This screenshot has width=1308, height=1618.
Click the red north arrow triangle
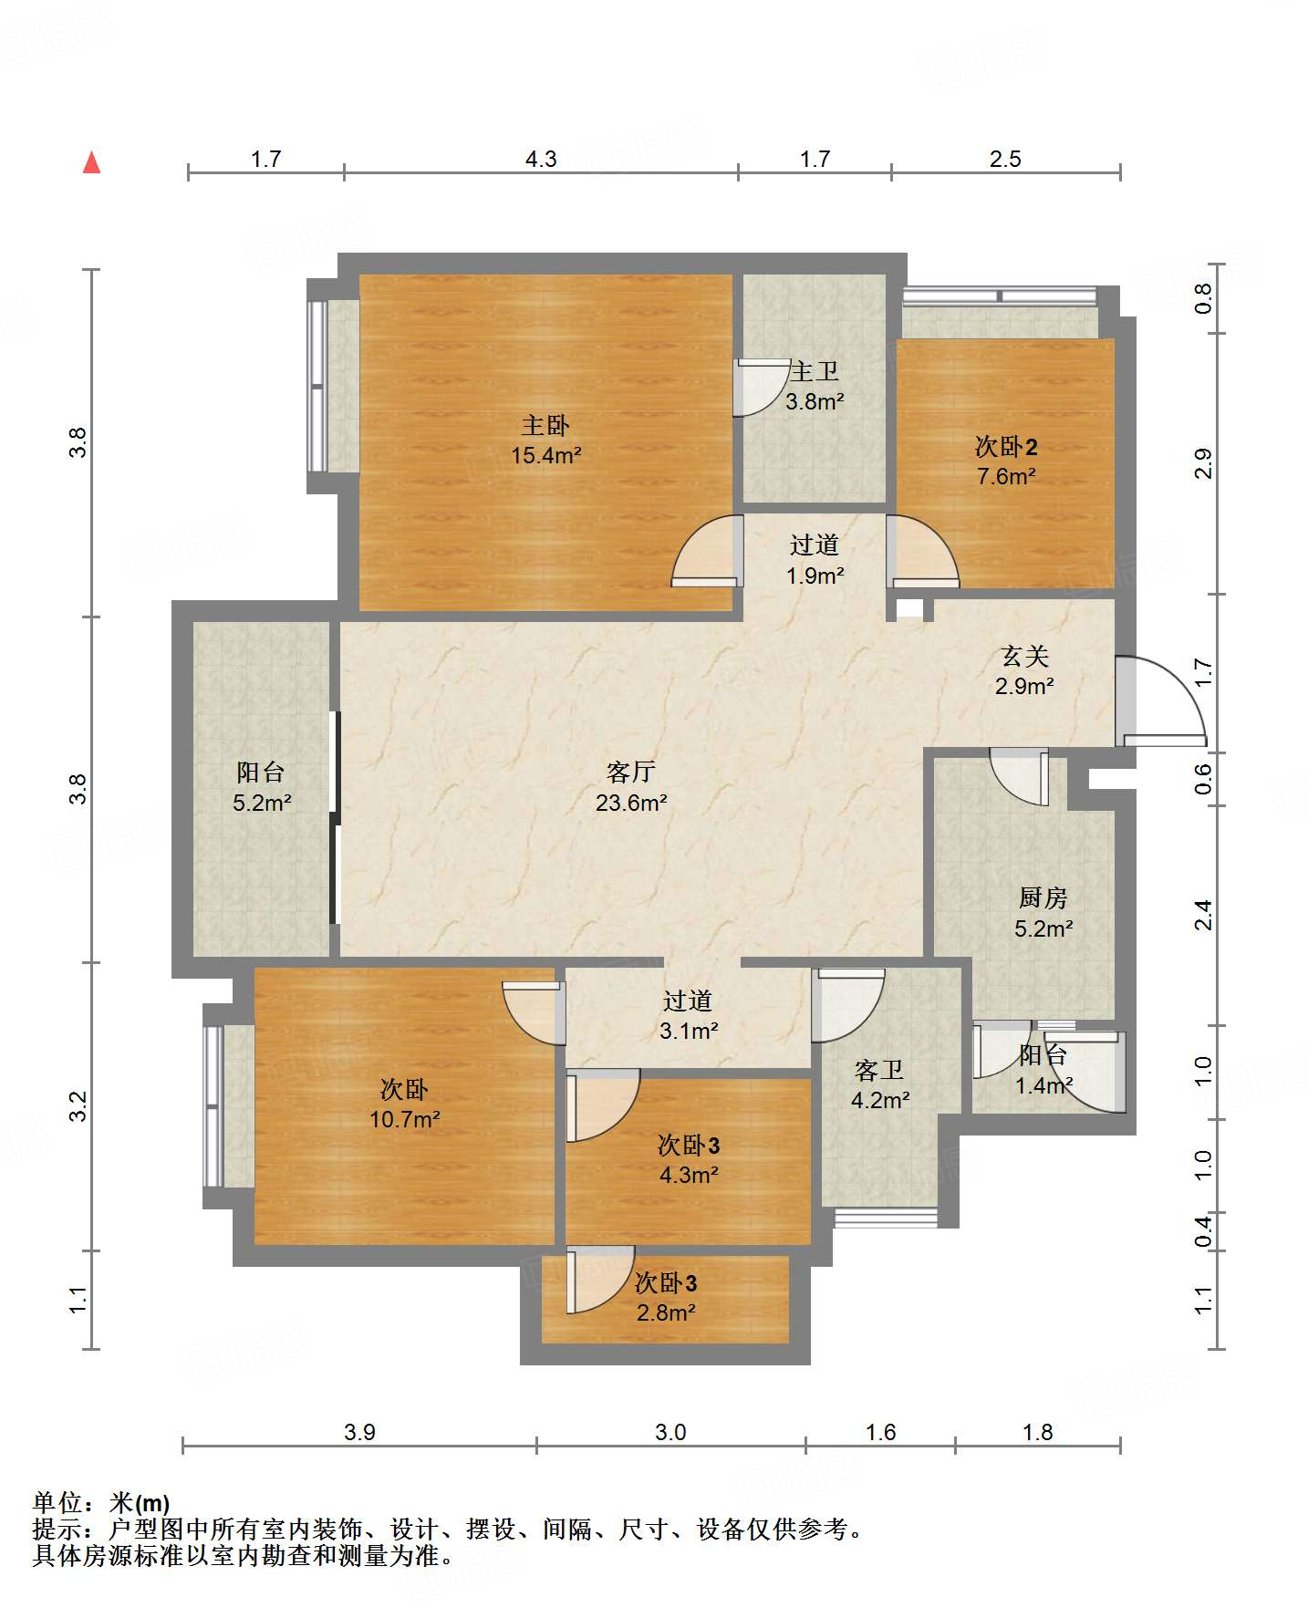pyautogui.click(x=91, y=163)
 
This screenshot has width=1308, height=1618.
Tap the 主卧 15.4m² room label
pyautogui.click(x=545, y=440)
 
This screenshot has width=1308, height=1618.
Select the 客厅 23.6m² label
pyautogui.click(x=630, y=787)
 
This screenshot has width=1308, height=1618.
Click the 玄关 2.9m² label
pyautogui.click(x=1024, y=670)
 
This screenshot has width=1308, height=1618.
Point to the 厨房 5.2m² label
pyautogui.click(x=1043, y=913)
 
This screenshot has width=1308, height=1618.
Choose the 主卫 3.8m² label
pyautogui.click(x=814, y=386)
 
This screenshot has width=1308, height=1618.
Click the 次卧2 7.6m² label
pyautogui.click(x=1005, y=461)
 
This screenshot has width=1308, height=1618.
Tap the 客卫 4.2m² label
pyautogui.click(x=879, y=1084)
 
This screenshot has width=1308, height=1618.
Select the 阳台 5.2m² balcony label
pyautogui.click(x=261, y=787)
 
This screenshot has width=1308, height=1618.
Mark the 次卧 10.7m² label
pyautogui.click(x=404, y=1104)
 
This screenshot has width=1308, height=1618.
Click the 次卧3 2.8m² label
pyautogui.click(x=666, y=1297)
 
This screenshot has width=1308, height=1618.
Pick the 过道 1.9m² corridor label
pyautogui.click(x=814, y=559)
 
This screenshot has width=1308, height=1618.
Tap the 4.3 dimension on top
pyautogui.click(x=540, y=160)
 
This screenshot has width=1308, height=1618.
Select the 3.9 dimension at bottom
pyautogui.click(x=359, y=1432)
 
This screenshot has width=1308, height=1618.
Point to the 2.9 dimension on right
pyautogui.click(x=1203, y=463)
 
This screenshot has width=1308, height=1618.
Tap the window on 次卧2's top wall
pyautogui.click(x=1000, y=296)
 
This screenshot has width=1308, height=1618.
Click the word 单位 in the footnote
pyautogui.click(x=57, y=1502)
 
